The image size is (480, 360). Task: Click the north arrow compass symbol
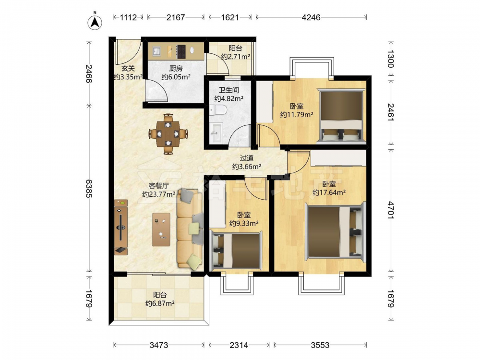(95, 22)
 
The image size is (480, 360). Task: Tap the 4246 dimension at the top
(311, 17)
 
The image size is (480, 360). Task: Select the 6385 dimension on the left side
(89, 188)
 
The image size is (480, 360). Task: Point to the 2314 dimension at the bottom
(239, 345)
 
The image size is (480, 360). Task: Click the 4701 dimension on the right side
(391, 210)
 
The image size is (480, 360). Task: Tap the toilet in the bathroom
(218, 109)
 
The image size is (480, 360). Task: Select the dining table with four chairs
(168, 134)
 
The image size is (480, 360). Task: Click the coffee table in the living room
(161, 229)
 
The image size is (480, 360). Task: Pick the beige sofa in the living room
(190, 229)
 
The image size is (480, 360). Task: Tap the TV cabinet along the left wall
(121, 227)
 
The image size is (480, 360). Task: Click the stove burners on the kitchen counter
(181, 51)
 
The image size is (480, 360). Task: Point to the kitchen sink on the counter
(156, 51)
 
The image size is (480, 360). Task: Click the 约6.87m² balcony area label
(160, 304)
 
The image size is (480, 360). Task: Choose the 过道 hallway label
(246, 158)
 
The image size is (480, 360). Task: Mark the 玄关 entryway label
(128, 69)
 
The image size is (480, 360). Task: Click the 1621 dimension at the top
(230, 17)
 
